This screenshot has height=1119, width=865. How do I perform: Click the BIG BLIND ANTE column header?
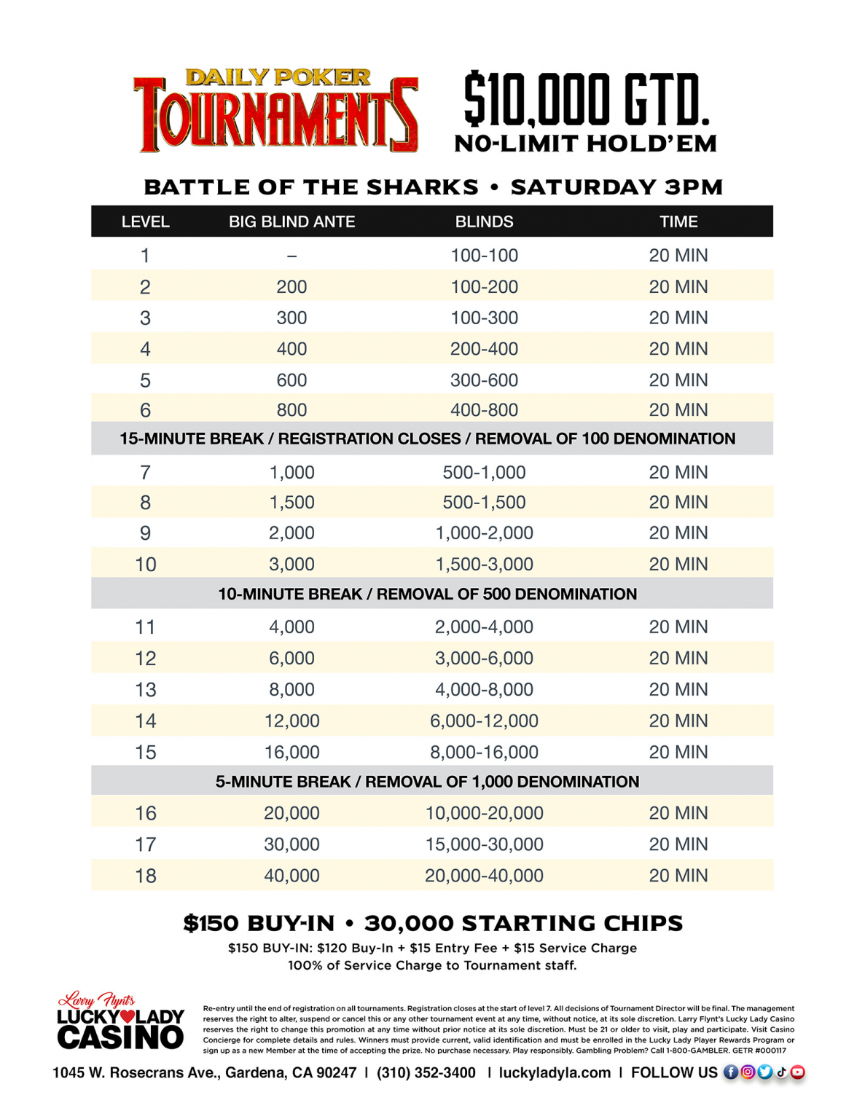click(x=291, y=221)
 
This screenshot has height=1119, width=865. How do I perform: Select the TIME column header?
click(x=678, y=221)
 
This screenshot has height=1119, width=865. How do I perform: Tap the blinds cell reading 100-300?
click(x=484, y=318)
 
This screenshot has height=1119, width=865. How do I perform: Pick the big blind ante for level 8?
click(x=291, y=502)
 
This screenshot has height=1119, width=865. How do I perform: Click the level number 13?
click(x=145, y=689)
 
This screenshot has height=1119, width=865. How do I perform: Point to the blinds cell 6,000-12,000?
click(x=484, y=721)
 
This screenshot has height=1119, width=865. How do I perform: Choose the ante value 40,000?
click(x=291, y=875)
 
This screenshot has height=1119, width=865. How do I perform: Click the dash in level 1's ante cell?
click(x=291, y=256)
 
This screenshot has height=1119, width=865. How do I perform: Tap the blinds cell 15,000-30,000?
click(x=484, y=844)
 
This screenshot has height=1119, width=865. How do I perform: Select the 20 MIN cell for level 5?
click(x=678, y=380)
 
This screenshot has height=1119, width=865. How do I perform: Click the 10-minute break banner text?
click(x=427, y=594)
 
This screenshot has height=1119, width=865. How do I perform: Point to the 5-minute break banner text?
click(x=427, y=781)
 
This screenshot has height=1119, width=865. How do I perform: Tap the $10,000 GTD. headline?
click(x=586, y=99)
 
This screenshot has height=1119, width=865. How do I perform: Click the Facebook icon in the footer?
click(x=730, y=1072)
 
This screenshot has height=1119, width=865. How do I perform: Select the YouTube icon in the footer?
click(x=798, y=1072)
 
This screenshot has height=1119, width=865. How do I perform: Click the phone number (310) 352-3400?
click(x=426, y=1072)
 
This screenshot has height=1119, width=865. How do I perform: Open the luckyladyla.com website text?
click(x=555, y=1072)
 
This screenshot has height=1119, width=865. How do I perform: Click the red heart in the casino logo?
click(x=128, y=1016)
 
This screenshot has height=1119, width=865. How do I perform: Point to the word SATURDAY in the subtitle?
click(x=583, y=187)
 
